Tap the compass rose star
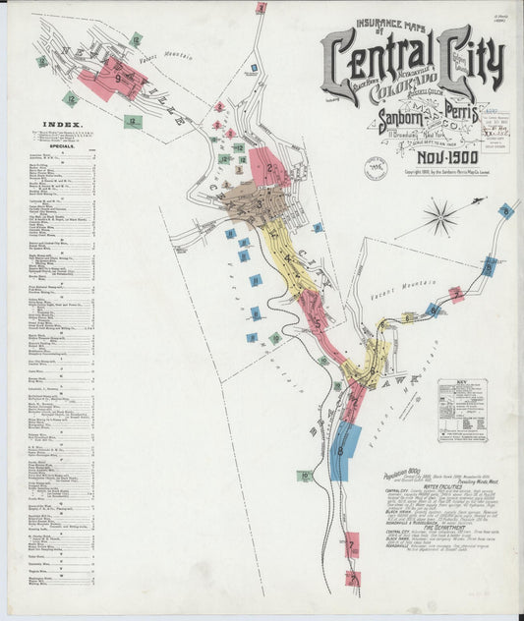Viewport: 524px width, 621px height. click(x=440, y=215)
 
